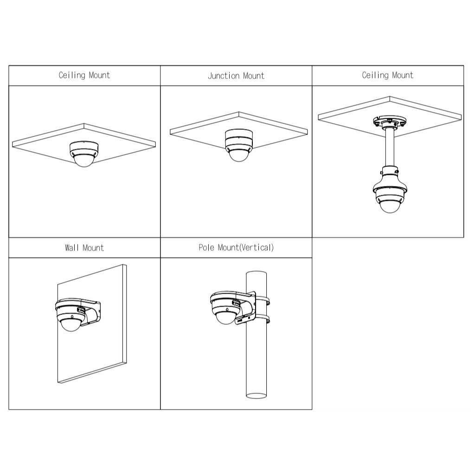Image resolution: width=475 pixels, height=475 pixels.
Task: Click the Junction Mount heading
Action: pos(236,76)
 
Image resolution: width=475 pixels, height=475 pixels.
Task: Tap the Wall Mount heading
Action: pos(84,248)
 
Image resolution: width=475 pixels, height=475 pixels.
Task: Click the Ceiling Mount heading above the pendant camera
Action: pos(387,75)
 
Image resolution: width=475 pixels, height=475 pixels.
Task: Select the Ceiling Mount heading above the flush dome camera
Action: pos(84,75)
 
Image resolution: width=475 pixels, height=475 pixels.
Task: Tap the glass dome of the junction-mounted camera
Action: pos(239,155)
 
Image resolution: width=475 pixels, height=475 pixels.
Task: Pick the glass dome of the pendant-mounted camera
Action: pos(390,206)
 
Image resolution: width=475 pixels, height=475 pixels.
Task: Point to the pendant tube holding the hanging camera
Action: pos(390,147)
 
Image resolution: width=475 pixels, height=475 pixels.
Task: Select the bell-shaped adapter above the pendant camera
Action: pos(390,181)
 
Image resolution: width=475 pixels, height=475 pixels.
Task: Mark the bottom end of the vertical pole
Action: pos(256,396)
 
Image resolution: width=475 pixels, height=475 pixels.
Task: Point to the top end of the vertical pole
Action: pos(256,273)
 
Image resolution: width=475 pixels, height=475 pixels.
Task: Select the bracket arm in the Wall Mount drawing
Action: pos(91,312)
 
